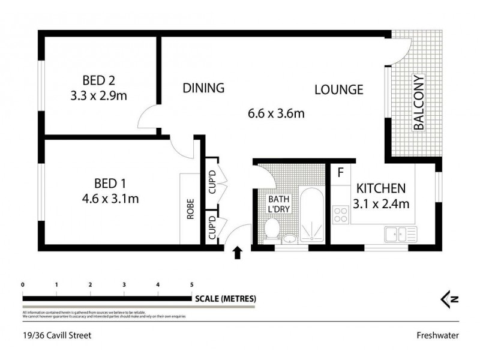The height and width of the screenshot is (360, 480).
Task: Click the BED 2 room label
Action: [101, 80]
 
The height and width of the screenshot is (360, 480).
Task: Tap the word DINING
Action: [203, 88]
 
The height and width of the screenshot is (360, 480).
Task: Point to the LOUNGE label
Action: [339, 90]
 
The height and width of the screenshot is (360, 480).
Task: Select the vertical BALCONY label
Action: [418, 103]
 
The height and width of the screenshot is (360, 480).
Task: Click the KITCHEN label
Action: [381, 188]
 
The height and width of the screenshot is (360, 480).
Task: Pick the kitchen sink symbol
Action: [398, 233]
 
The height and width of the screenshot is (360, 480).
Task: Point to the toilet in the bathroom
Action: [271, 229]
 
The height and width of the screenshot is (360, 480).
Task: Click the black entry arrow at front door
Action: [238, 253]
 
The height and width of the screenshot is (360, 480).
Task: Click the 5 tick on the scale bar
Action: [192, 285]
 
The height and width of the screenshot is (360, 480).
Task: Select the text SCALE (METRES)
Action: [226, 298]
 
